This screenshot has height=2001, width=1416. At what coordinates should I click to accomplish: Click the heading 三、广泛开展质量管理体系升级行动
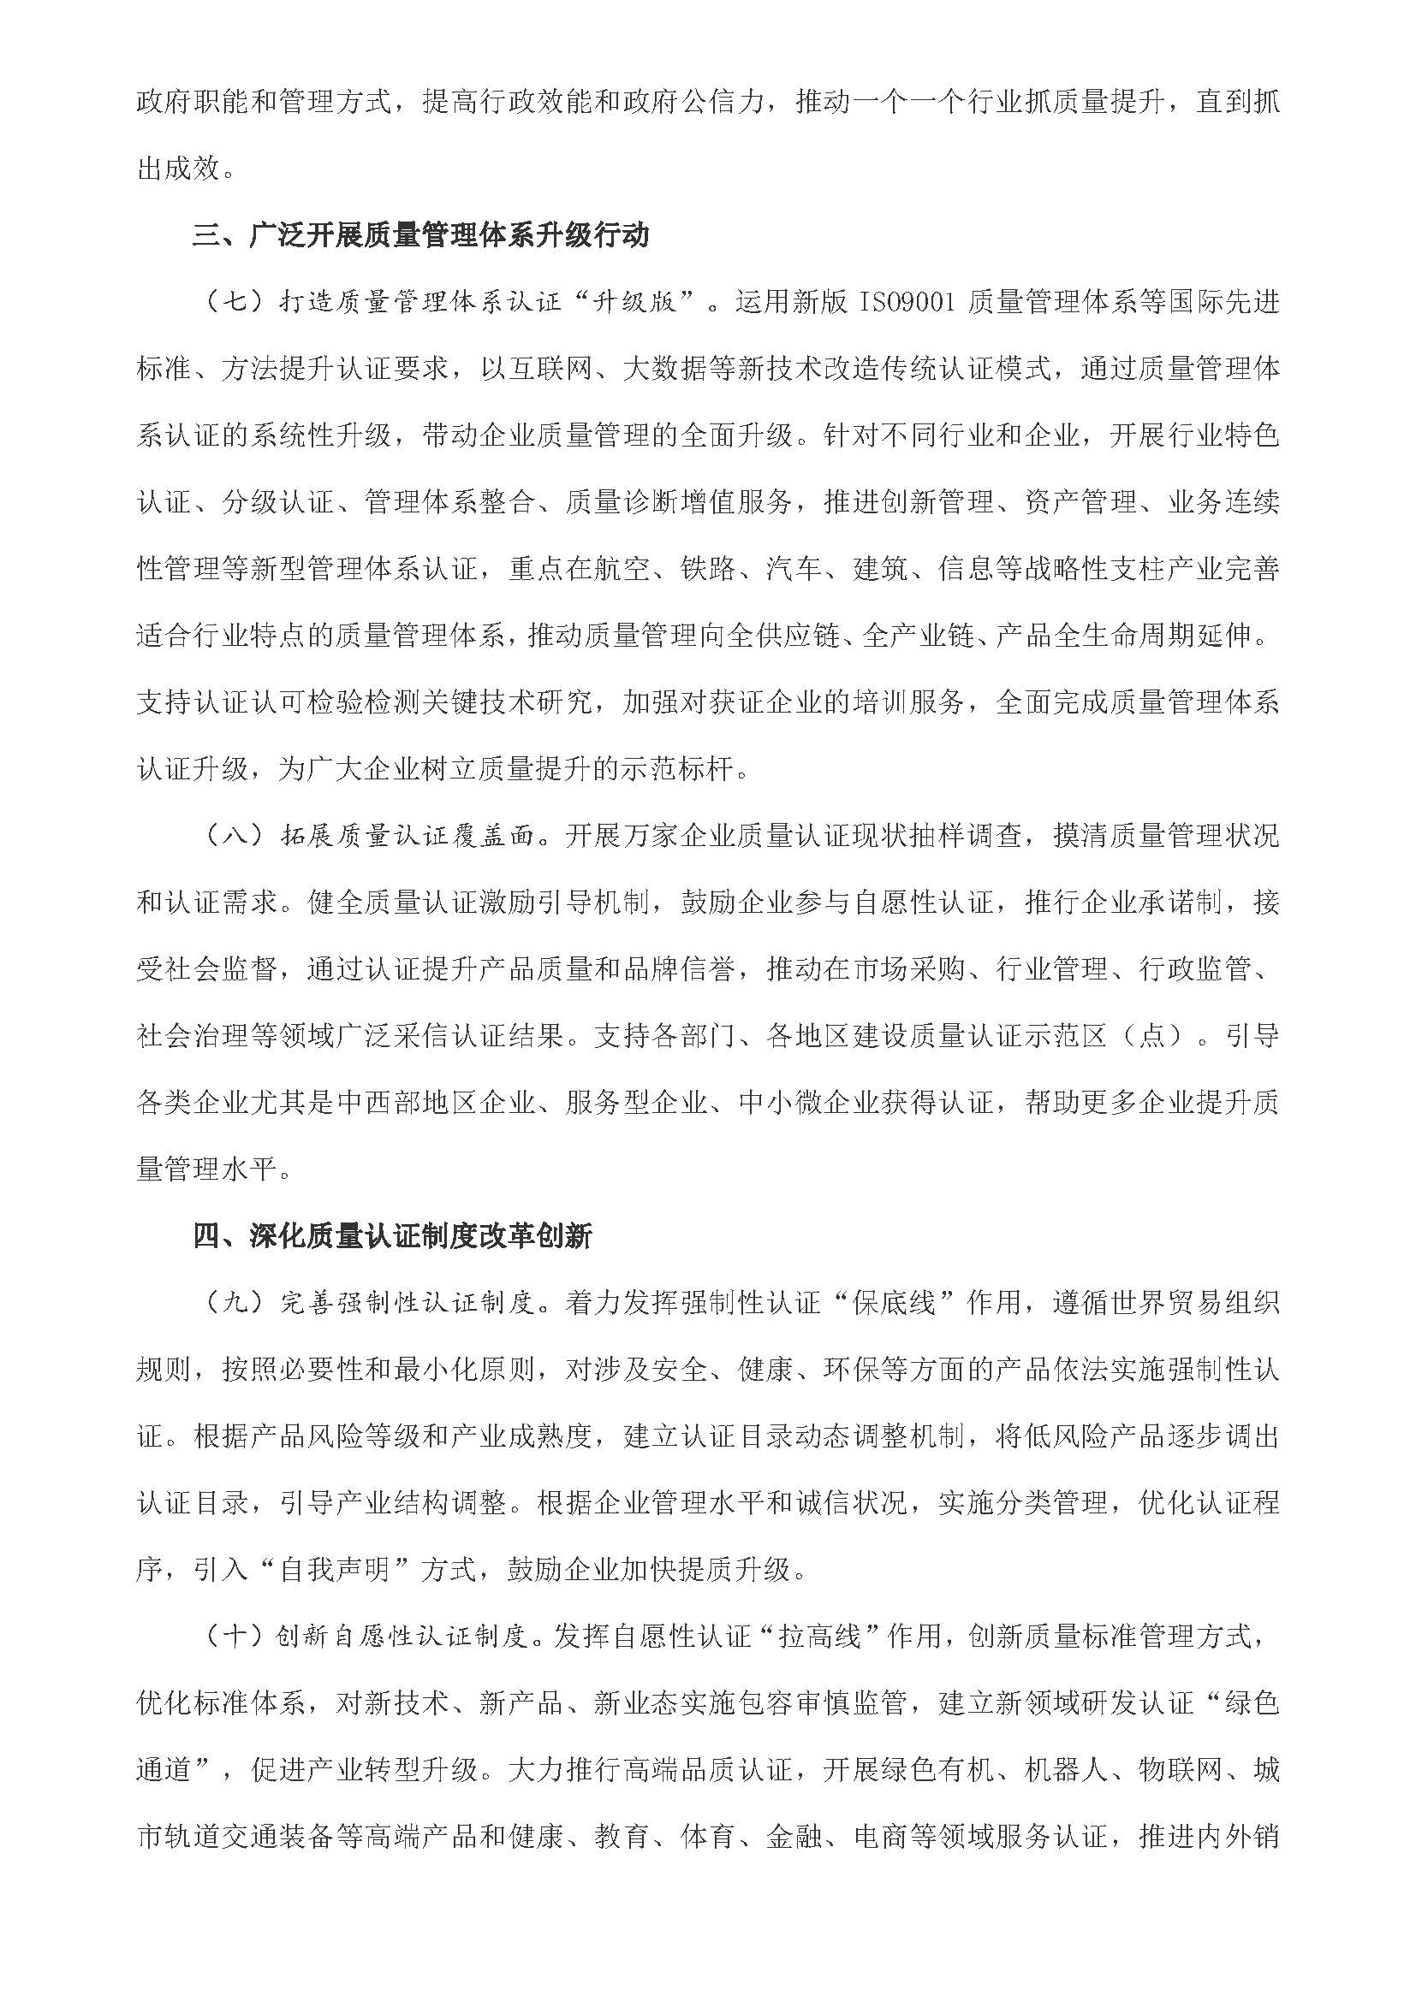click(421, 236)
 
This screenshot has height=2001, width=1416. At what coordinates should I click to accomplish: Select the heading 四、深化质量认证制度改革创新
click(392, 1237)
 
